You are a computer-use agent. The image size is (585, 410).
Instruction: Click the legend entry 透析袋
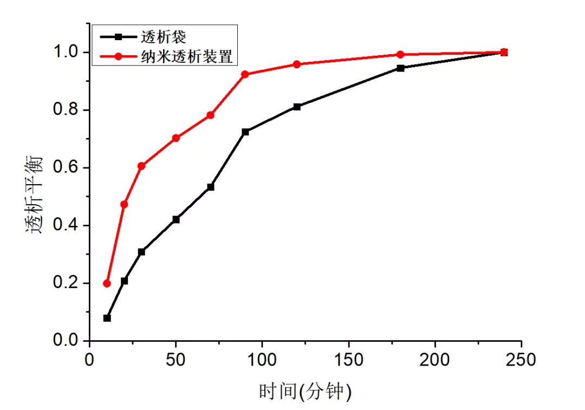(171, 37)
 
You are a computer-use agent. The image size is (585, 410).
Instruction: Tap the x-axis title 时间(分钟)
(305, 391)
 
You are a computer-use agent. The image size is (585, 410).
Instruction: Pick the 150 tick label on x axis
(348, 361)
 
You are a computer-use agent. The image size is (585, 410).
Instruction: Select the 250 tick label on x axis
(521, 361)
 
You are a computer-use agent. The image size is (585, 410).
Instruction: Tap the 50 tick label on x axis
(175, 361)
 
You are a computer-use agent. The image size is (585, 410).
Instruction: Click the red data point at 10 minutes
(107, 283)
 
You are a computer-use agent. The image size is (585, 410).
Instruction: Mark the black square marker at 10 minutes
(107, 318)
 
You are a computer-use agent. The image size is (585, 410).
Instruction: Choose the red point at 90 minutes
(245, 74)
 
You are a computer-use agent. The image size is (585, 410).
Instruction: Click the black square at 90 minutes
(245, 132)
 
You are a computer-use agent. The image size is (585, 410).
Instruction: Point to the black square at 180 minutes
(400, 68)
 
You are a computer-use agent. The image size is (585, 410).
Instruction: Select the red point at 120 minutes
(297, 64)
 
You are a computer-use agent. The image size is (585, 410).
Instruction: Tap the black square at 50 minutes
(175, 219)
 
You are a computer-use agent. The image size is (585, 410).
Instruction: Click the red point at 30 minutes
(141, 166)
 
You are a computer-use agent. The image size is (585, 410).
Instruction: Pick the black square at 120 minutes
(297, 107)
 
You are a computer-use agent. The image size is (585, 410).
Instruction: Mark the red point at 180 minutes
(400, 54)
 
